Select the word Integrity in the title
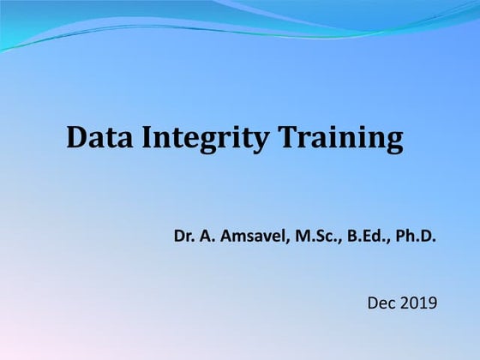click(202, 139)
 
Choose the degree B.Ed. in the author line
click(369, 233)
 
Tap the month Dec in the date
click(381, 302)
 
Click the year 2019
click(419, 302)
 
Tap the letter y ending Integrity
click(261, 142)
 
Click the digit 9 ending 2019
click(432, 302)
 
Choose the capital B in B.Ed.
click(355, 233)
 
